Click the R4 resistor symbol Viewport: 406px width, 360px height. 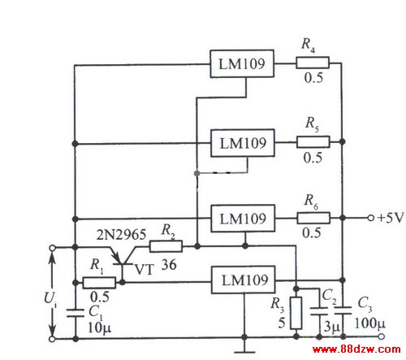coord(313,63)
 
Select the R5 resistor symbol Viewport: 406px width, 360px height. coord(313,142)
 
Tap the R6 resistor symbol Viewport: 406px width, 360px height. coord(313,218)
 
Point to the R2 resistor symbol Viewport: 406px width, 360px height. coord(166,246)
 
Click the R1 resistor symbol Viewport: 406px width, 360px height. coord(99,283)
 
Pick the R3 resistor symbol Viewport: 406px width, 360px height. coord(296,313)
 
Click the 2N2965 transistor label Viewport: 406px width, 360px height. coord(121,235)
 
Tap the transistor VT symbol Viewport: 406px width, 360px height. coord(123,258)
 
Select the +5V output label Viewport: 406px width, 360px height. coord(391,218)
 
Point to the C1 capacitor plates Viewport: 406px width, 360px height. coord(76,313)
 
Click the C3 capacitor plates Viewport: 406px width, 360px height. coord(343,310)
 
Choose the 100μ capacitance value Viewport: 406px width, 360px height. coord(369,323)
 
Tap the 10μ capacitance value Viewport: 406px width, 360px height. coord(99,328)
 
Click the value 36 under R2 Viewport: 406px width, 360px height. coord(169,264)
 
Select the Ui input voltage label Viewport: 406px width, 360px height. coord(50,299)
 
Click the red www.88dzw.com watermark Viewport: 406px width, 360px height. coord(356,349)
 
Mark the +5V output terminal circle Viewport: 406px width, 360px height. coord(371,218)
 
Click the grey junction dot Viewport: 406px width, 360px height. coord(197,173)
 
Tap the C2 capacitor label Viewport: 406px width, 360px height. coord(329,296)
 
